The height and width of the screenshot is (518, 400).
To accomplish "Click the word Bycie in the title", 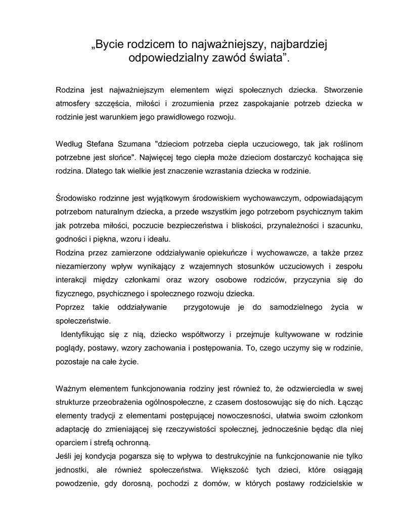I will [110, 45].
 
